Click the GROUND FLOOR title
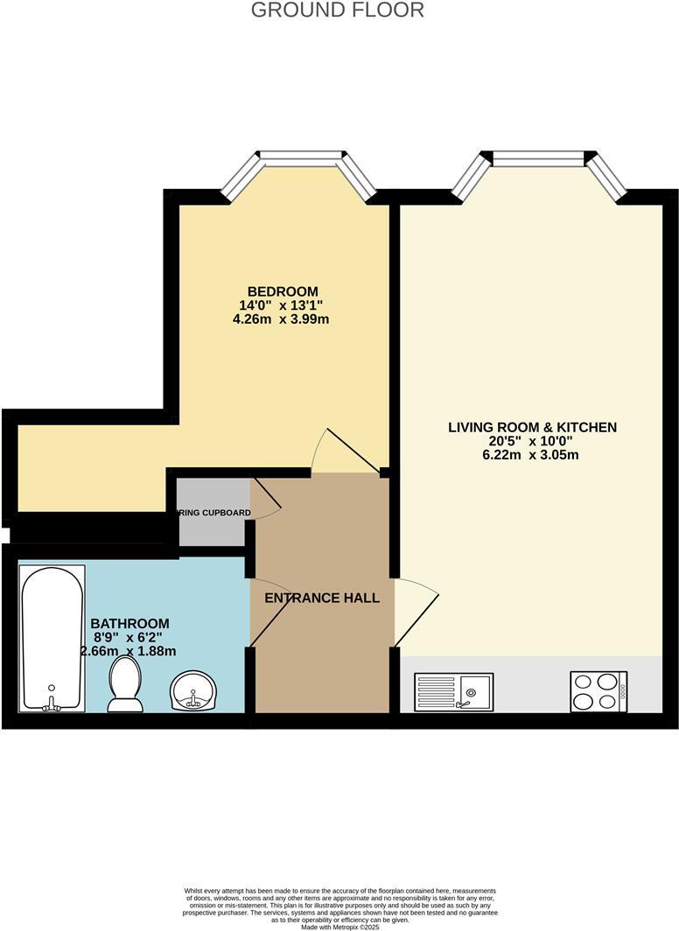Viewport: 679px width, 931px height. pos(338,10)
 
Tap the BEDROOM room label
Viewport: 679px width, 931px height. pos(282,291)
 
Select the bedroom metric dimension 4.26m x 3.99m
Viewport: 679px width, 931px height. pos(282,319)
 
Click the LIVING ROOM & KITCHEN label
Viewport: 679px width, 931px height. pos(532,427)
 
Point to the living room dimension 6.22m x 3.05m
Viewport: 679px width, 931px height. pos(532,455)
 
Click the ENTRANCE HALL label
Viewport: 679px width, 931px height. pos(322,598)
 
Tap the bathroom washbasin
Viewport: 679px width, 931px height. pos(191,689)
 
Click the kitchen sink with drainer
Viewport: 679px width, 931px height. pos(453,691)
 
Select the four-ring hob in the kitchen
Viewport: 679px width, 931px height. pos(598,690)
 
